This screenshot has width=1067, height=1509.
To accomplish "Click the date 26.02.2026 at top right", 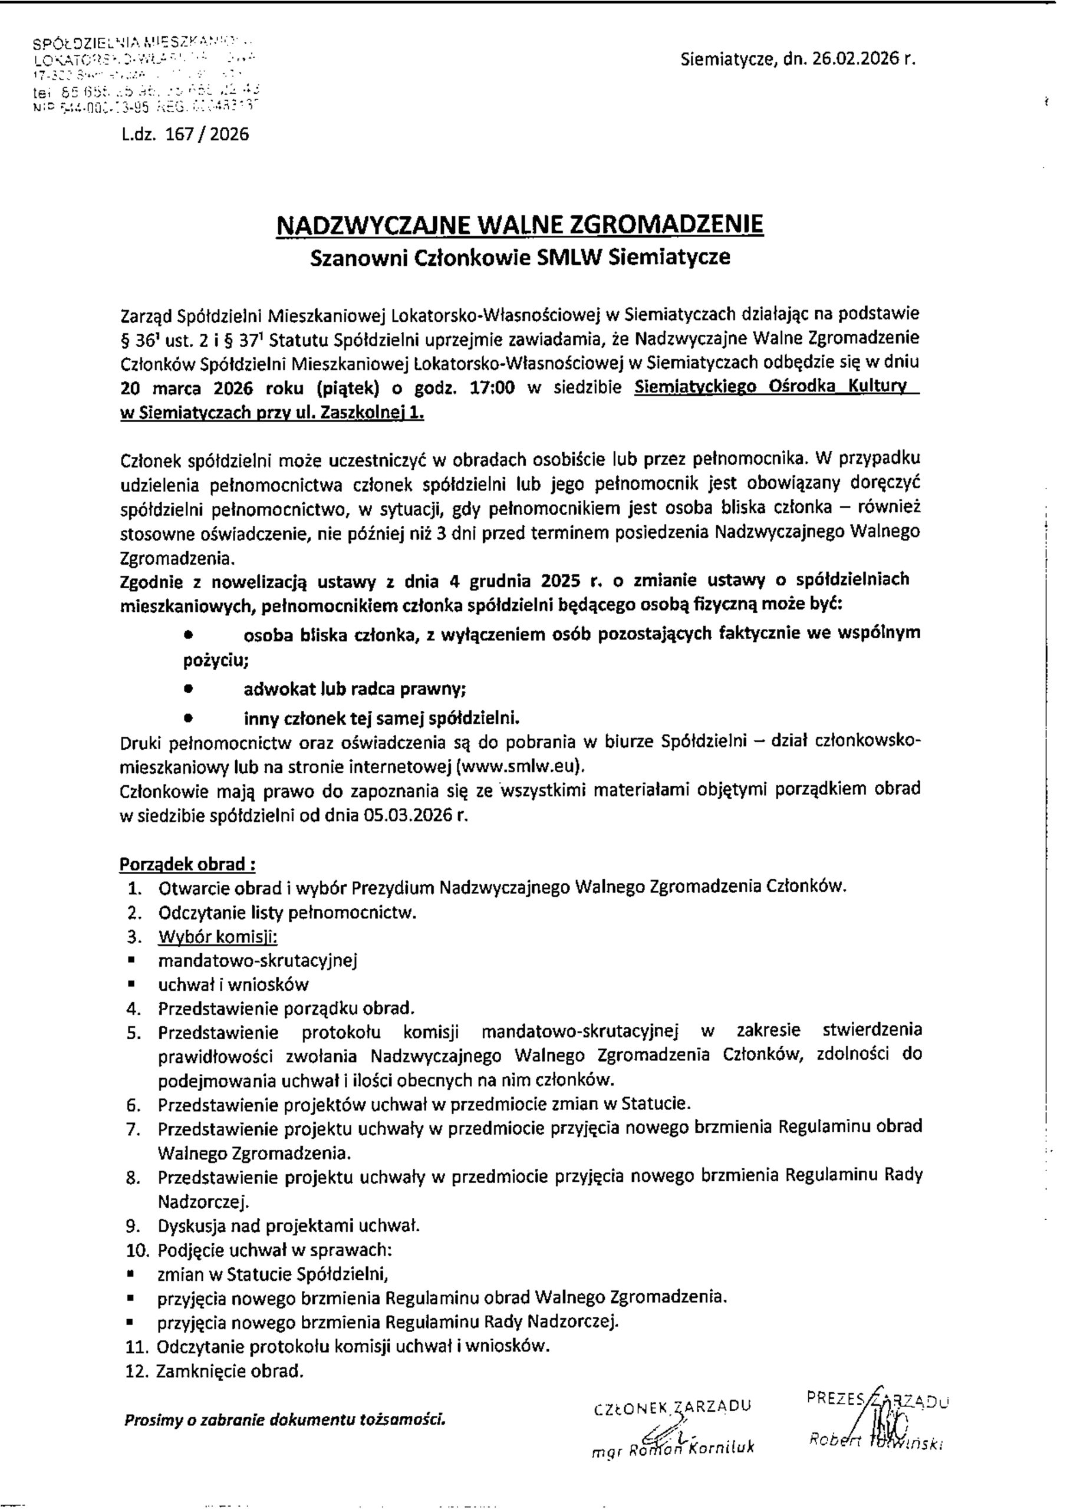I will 855,60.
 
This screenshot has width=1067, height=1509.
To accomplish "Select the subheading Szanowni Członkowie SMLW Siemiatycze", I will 520,257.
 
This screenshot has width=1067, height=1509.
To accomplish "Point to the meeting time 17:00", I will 493,388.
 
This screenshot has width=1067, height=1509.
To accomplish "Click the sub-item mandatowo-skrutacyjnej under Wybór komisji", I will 258,961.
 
